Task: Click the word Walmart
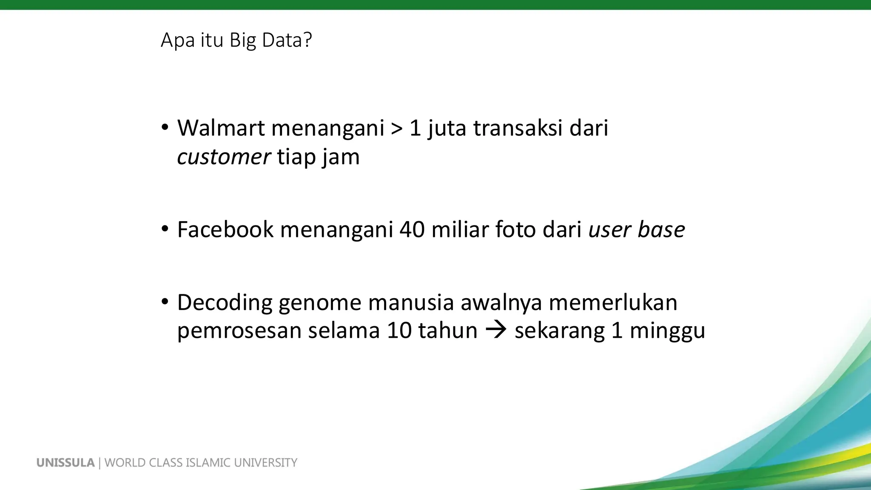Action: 221,128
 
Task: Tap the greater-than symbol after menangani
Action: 396,129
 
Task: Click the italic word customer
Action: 224,157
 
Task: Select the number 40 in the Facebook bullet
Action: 412,230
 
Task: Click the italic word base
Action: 661,230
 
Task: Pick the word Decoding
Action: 225,303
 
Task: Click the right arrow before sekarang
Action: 496,330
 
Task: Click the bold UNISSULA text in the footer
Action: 65,463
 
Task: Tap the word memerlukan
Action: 613,303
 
